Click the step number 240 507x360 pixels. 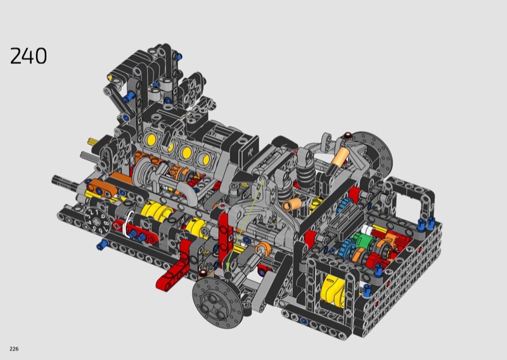coord(29,56)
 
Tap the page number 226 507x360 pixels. coord(14,349)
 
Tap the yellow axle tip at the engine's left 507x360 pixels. coord(92,141)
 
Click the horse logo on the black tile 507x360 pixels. coord(248,151)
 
